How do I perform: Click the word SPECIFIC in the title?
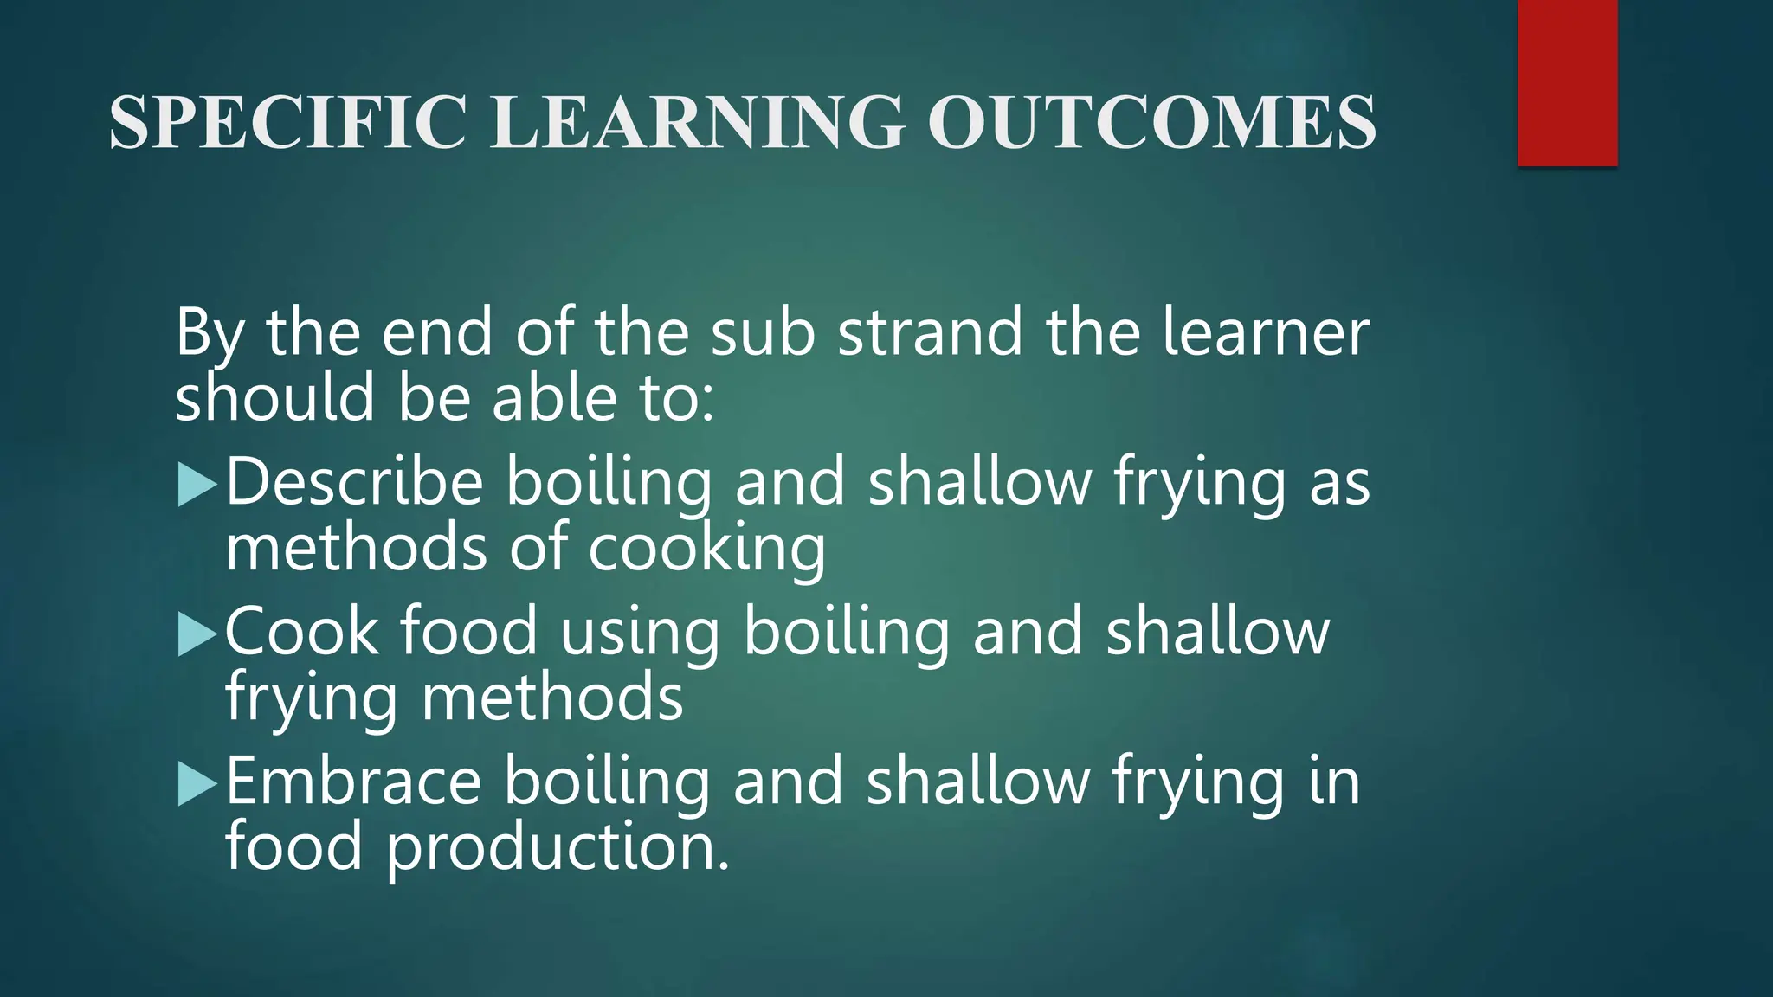click(288, 122)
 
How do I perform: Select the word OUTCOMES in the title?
click(1151, 122)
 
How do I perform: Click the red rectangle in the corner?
click(1567, 82)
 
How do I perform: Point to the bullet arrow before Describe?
click(197, 485)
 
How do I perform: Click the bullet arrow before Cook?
click(197, 634)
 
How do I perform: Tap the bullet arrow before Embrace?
click(197, 784)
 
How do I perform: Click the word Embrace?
click(353, 781)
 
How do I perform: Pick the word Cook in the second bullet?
click(301, 631)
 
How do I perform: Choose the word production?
click(558, 847)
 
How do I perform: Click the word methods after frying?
click(551, 698)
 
